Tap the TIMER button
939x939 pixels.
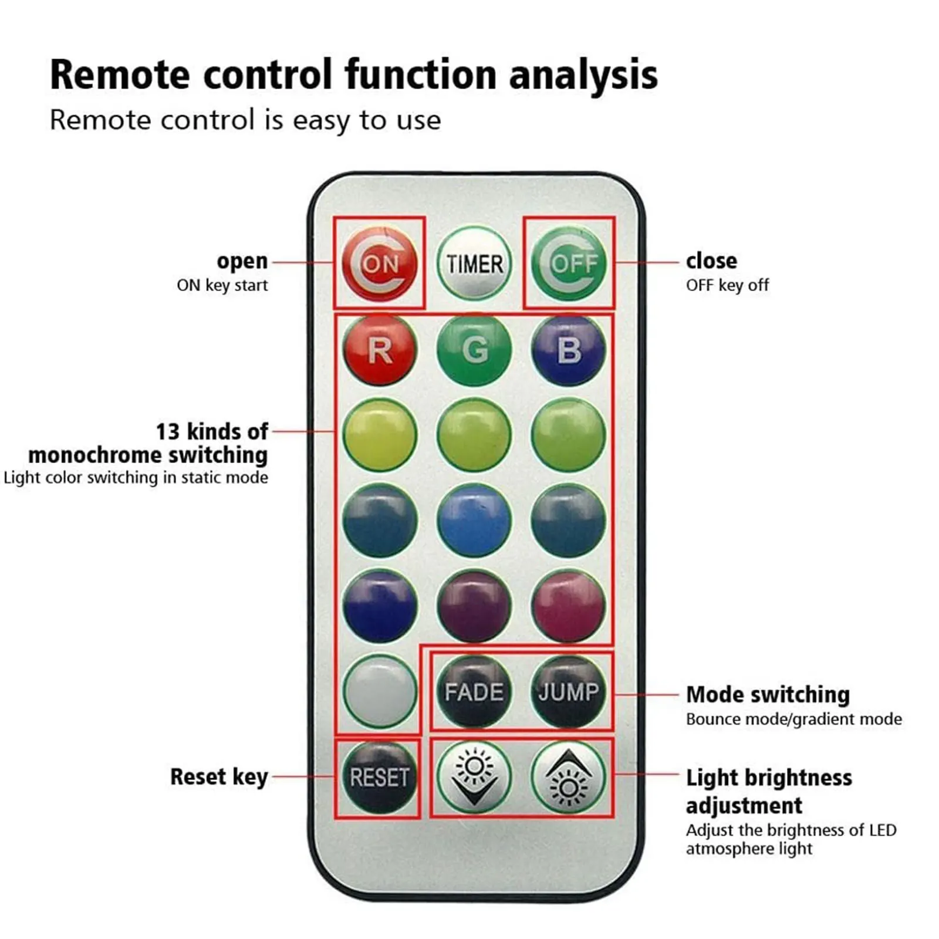pyautogui.click(x=474, y=264)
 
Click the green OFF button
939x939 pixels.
pyautogui.click(x=568, y=264)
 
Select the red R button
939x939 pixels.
pyautogui.click(x=380, y=350)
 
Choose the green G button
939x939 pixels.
pyautogui.click(x=474, y=350)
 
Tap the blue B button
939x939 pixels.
pyautogui.click(x=568, y=350)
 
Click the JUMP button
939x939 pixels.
pyautogui.click(x=568, y=691)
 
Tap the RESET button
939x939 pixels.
pyautogui.click(x=379, y=777)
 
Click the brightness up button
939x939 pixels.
pyautogui.click(x=568, y=777)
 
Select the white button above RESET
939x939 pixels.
pyautogui.click(x=380, y=691)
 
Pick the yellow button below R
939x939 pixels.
pyautogui.click(x=380, y=435)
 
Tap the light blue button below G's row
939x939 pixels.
pyautogui.click(x=474, y=521)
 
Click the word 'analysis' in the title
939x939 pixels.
pyautogui.click(x=583, y=75)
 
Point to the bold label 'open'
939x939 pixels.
pyautogui.click(x=242, y=261)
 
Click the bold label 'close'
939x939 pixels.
pyautogui.click(x=711, y=261)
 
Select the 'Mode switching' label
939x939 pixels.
pyautogui.click(x=768, y=694)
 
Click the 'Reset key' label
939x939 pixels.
pyautogui.click(x=219, y=776)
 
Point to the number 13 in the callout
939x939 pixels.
pyautogui.click(x=167, y=431)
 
